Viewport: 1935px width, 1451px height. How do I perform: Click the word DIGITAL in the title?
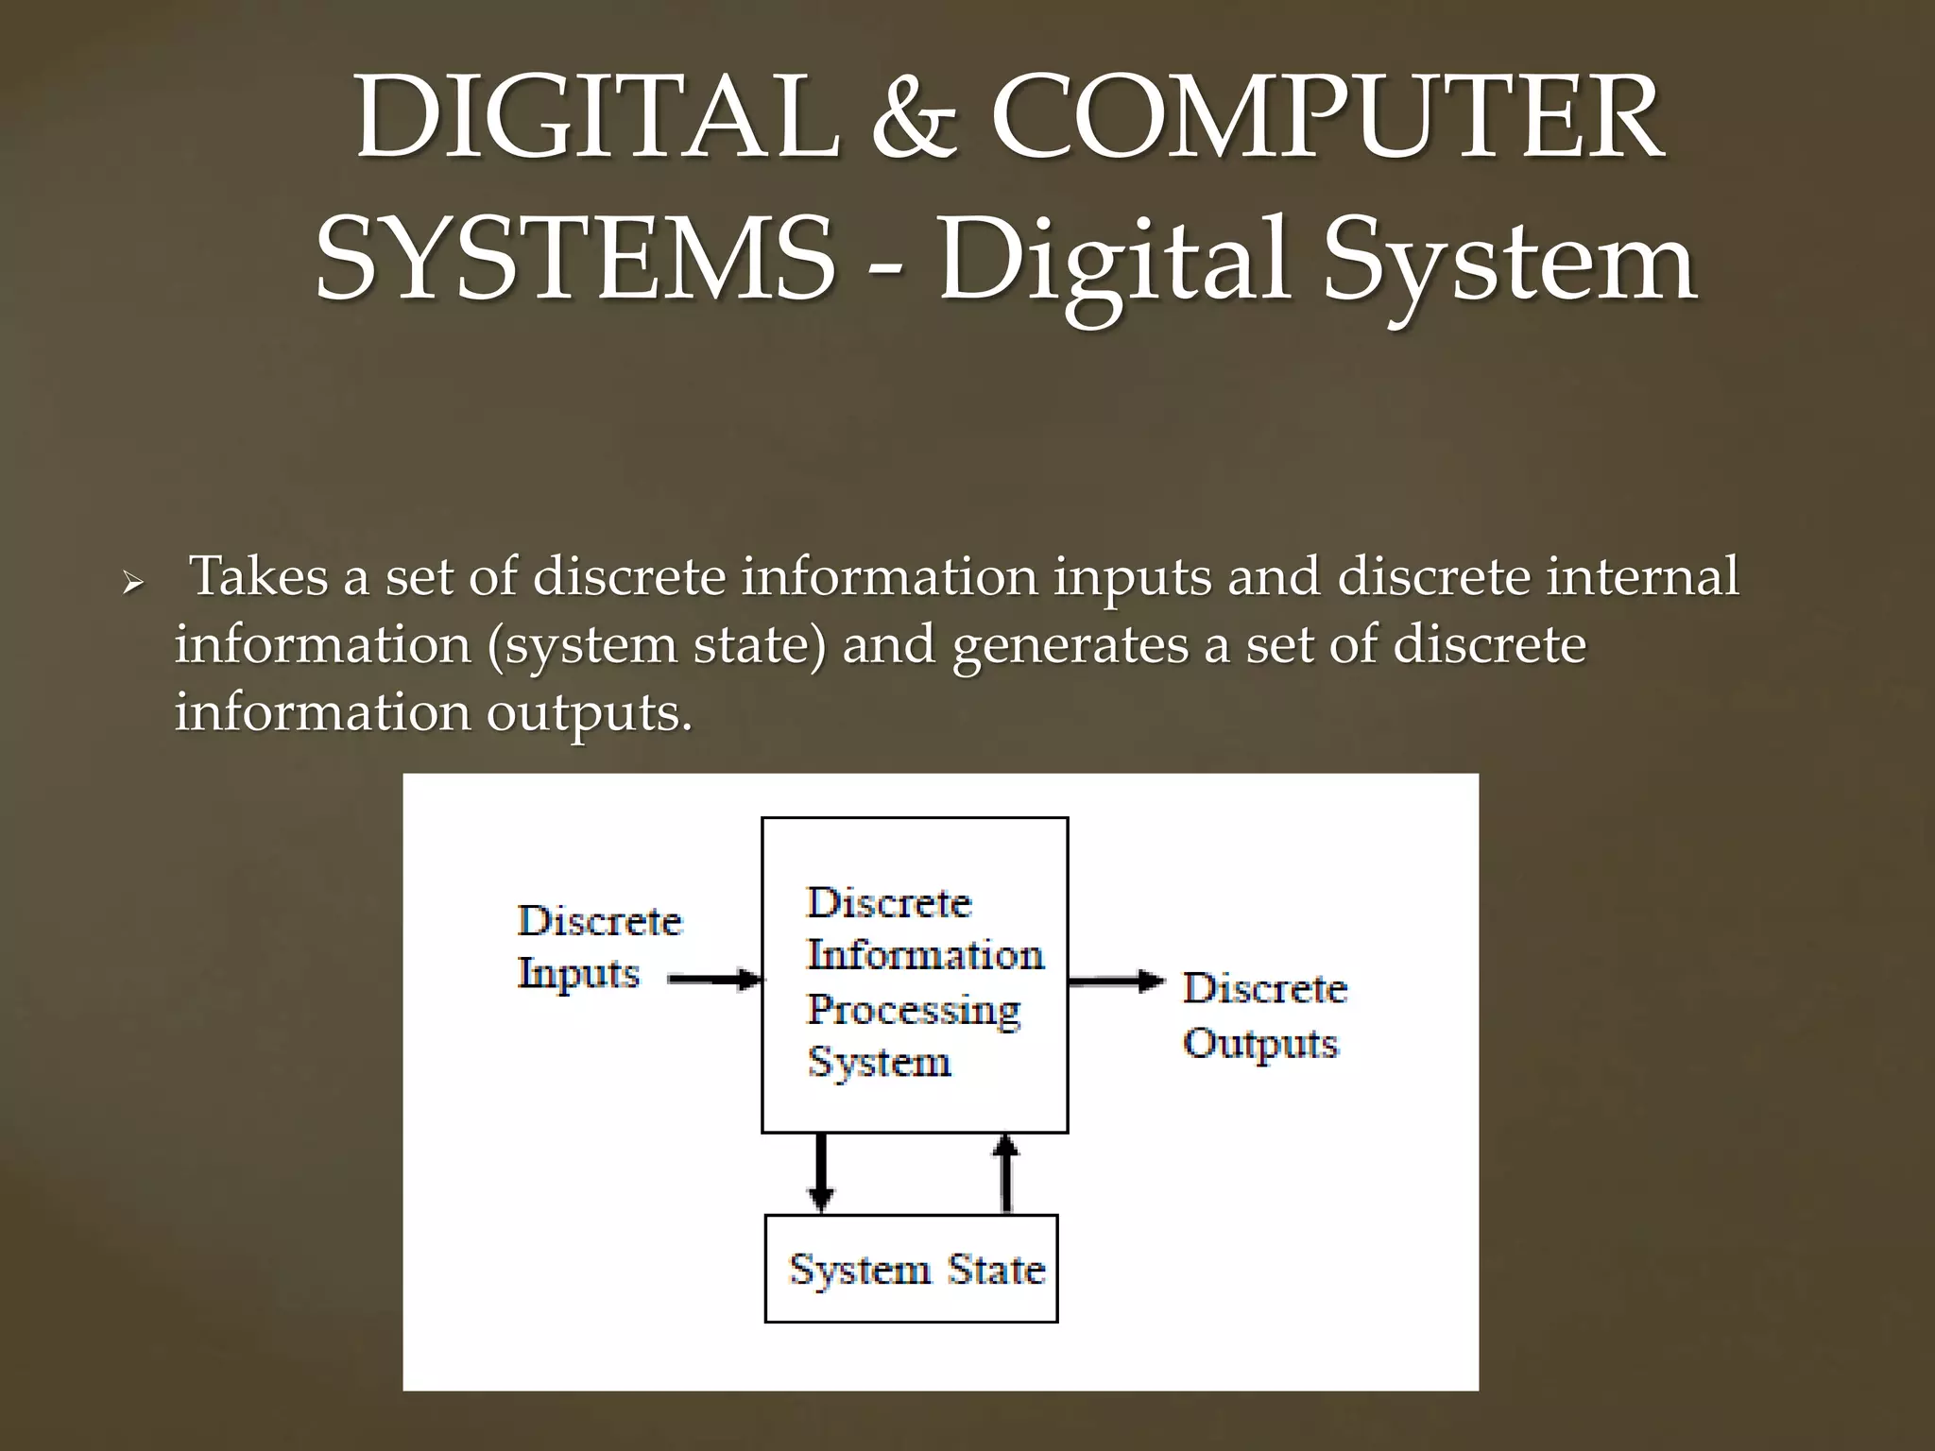597,120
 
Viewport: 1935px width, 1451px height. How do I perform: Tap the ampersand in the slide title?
913,120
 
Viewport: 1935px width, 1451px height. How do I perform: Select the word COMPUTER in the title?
1327,120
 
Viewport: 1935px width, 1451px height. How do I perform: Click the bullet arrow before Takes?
133,583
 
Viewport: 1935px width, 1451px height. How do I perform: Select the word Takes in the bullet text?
259,576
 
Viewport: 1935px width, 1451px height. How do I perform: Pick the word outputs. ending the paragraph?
589,713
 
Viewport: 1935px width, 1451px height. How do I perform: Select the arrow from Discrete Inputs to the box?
715,980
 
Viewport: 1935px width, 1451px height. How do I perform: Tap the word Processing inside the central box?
915,1010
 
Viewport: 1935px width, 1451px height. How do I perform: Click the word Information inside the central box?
926,955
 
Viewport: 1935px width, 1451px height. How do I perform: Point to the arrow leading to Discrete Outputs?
1116,982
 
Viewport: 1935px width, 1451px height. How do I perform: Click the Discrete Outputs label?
1264,1016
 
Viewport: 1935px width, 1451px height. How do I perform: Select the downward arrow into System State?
821,1172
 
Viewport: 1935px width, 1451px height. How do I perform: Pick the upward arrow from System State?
1007,1172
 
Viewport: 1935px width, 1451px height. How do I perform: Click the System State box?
911,1269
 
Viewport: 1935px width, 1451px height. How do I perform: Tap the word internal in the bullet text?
1642,576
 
